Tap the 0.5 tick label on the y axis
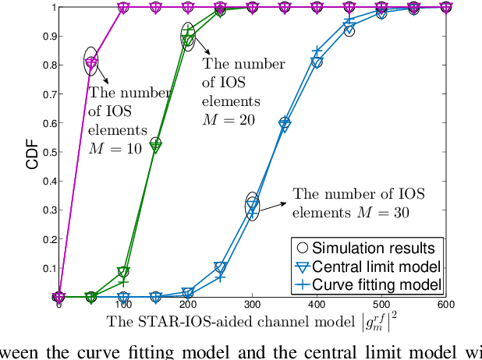point(48,152)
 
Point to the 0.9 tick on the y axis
point(48,37)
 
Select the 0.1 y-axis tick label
point(48,268)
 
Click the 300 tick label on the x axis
point(252,307)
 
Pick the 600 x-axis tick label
point(445,307)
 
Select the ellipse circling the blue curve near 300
point(252,204)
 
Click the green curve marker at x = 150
point(155,145)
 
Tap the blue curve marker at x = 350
point(285,125)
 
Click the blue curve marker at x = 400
point(317,61)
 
